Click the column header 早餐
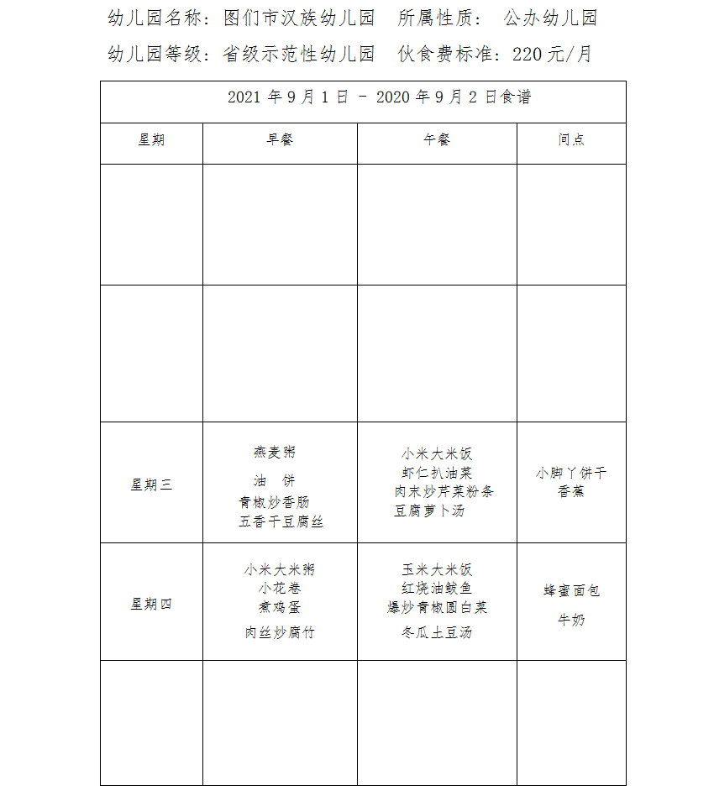[x=280, y=140]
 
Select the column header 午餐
[x=437, y=140]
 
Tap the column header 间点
[x=571, y=140]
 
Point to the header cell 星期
[x=151, y=140]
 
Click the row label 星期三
[x=151, y=485]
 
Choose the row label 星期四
[x=151, y=604]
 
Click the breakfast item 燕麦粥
[x=275, y=452]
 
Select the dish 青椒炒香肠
[x=274, y=502]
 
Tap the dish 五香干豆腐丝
[x=281, y=521]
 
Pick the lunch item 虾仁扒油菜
[x=437, y=473]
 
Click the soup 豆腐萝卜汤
[x=429, y=511]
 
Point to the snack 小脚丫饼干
[x=571, y=473]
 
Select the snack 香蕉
[x=571, y=491]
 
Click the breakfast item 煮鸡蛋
[x=280, y=607]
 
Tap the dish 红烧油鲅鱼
[x=437, y=589]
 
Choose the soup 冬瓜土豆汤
[x=437, y=632]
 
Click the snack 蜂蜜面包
[x=571, y=590]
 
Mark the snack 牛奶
[x=571, y=620]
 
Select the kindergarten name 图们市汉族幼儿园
[x=300, y=18]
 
